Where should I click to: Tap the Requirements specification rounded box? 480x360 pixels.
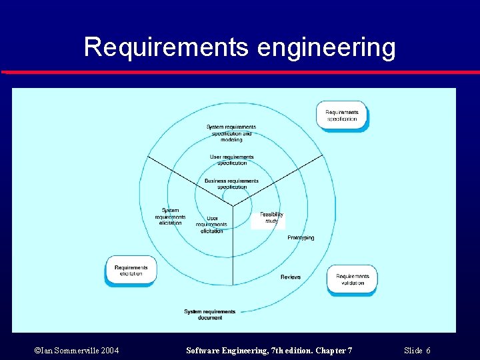tap(341, 115)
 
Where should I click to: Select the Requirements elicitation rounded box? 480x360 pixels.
tap(131, 270)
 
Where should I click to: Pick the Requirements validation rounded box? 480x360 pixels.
tap(352, 279)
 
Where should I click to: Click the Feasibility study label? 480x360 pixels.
tap(271, 217)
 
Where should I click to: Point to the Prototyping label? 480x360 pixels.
tap(301, 238)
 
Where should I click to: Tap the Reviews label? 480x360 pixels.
tap(291, 277)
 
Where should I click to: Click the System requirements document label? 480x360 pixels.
tap(209, 314)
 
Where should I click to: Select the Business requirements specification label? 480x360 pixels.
tap(231, 183)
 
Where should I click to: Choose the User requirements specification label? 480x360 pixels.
tap(231, 160)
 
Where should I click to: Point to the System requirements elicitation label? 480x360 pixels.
tap(170, 217)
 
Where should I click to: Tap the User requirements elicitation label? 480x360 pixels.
tap(212, 224)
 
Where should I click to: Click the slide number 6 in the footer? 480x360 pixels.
tap(428, 351)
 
